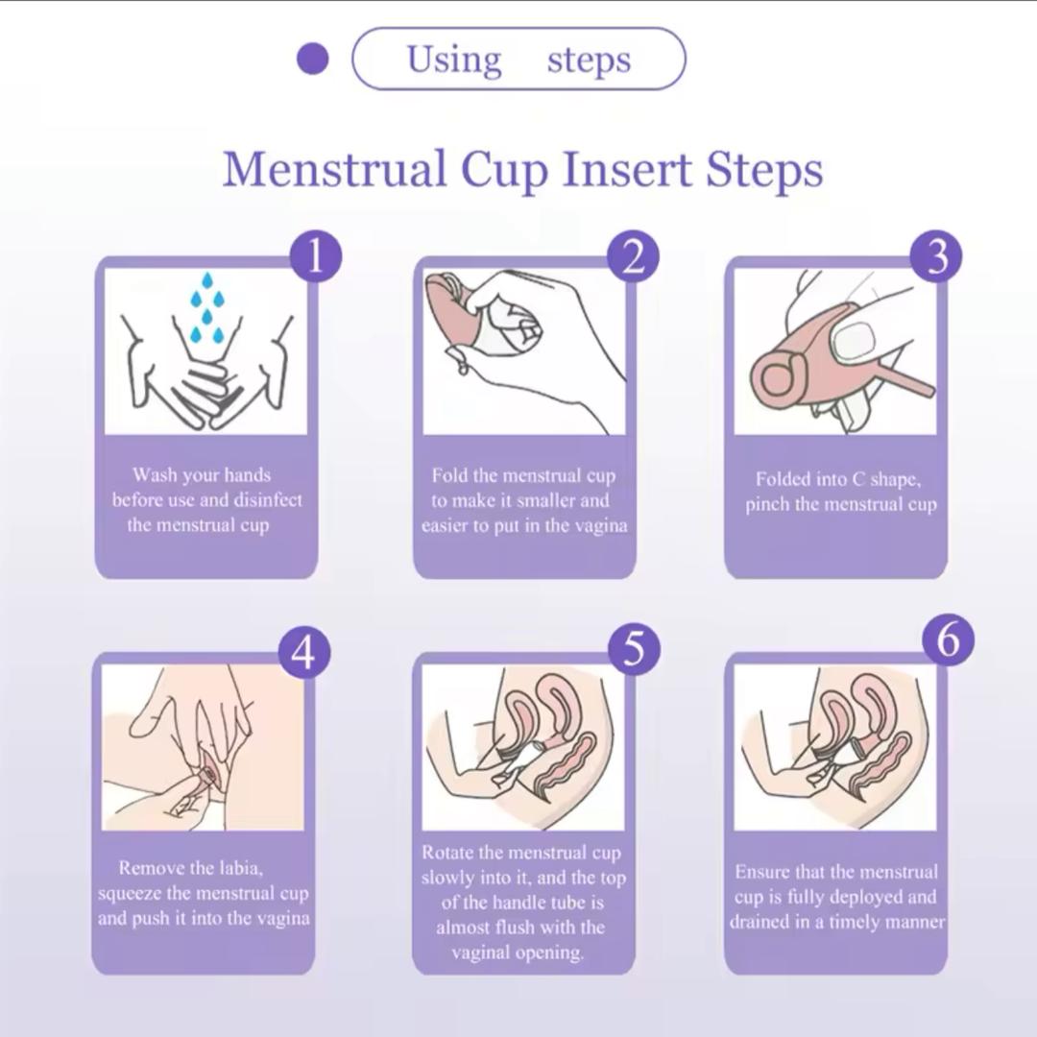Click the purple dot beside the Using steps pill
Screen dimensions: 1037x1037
313,59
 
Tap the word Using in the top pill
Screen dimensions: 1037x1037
454,60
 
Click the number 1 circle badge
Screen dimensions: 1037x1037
316,256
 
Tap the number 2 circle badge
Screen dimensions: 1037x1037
633,256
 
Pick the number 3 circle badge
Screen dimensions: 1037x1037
936,256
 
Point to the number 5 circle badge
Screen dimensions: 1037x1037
633,648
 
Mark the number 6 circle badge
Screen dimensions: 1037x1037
949,640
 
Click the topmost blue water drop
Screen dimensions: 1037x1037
207,280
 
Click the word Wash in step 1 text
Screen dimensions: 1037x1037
155,475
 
